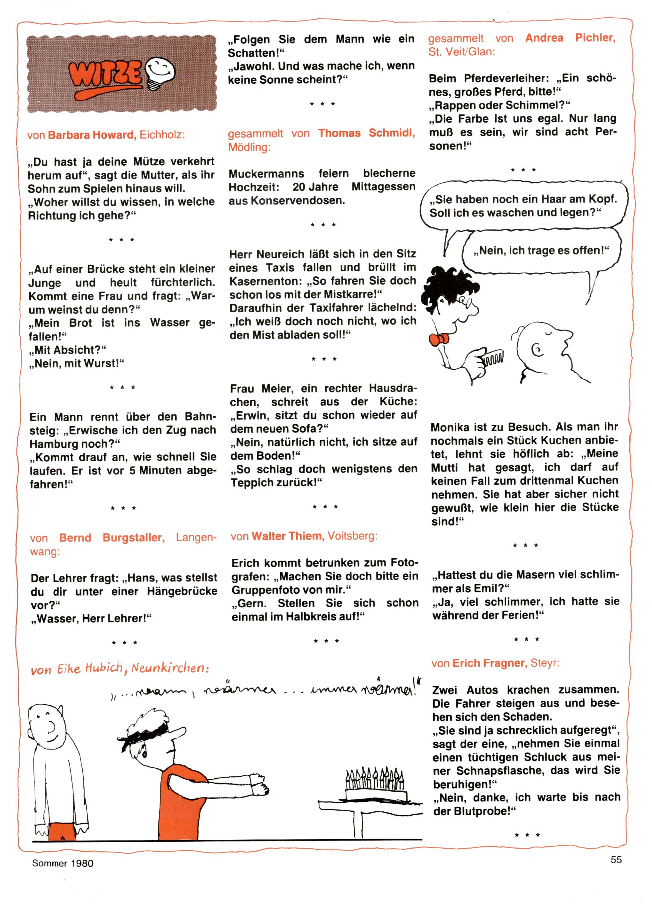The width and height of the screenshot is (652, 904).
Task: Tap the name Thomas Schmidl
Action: point(366,133)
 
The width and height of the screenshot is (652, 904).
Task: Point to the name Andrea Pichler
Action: point(570,38)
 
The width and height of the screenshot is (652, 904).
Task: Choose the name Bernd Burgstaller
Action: point(111,538)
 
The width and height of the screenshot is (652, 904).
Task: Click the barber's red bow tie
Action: point(439,339)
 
